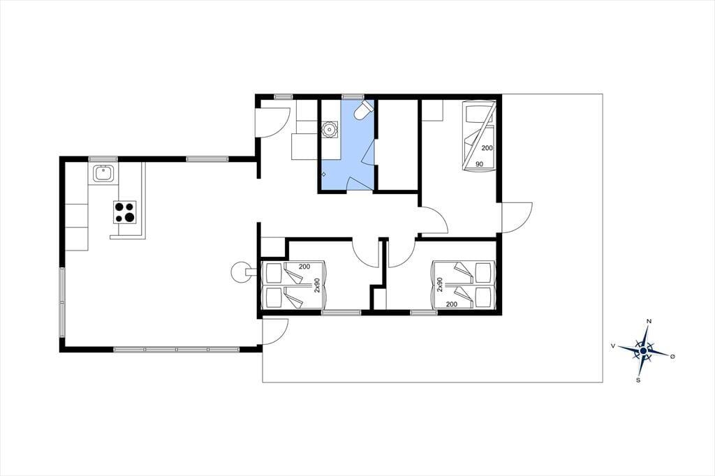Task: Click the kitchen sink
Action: coord(103,174)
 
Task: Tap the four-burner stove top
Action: coord(125,212)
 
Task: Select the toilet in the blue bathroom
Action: coord(364,110)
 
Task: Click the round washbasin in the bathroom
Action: coord(329,130)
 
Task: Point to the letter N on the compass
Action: coord(649,322)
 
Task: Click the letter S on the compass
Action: coord(638,380)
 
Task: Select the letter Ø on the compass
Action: coord(672,356)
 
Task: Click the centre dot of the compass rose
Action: coord(643,350)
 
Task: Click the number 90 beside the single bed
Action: coord(479,164)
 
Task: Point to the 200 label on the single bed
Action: coord(487,148)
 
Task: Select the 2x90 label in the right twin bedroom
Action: coord(440,285)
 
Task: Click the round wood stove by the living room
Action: coord(240,272)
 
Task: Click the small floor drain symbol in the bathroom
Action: coord(324,174)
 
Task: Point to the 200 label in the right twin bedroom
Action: coord(452,304)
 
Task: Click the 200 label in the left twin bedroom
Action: coord(304,267)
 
